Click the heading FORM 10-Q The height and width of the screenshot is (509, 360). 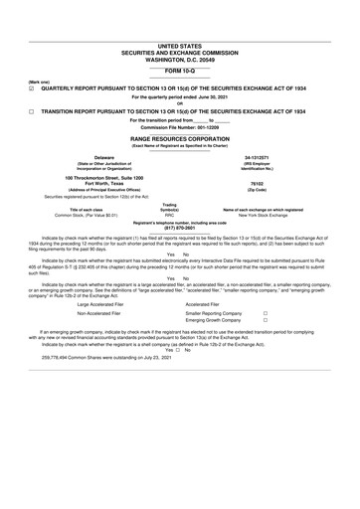click(179, 72)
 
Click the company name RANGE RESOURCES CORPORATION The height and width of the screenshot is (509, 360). click(179, 139)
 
